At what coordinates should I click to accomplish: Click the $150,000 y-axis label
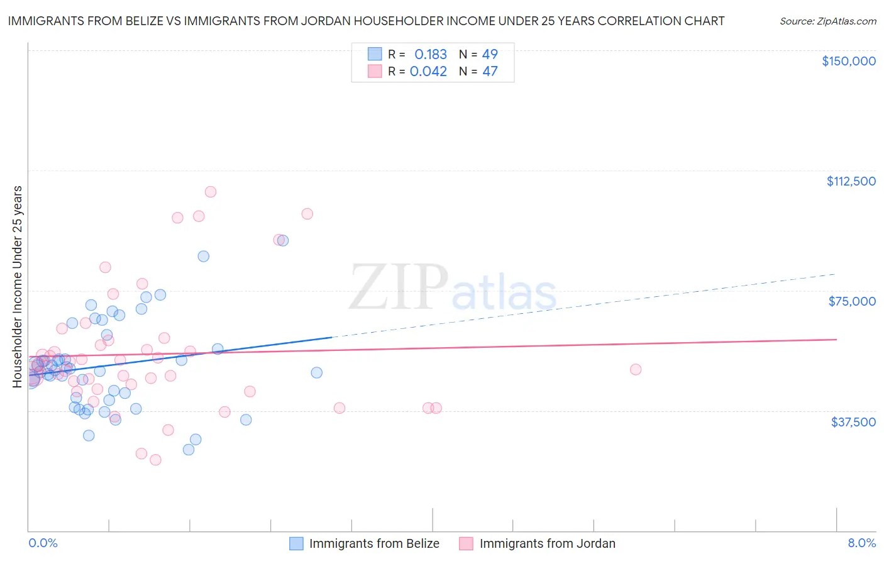coord(848,61)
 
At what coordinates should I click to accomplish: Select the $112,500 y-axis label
coord(851,181)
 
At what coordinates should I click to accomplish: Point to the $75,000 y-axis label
coord(852,301)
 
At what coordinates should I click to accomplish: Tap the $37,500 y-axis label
coord(853,421)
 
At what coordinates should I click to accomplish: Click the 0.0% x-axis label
coord(43,543)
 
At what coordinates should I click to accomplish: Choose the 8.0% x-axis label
coord(861,543)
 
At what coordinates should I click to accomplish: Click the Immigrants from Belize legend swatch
coord(296,543)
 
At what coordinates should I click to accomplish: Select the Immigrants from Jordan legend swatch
coord(466,543)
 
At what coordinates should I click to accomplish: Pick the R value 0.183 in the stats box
coord(431,54)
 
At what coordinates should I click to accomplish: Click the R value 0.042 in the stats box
coord(428,71)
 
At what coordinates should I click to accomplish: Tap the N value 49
coord(490,54)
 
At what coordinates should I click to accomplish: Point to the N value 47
coord(490,71)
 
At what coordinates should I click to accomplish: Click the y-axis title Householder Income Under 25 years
coord(17,286)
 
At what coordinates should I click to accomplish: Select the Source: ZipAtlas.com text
coord(827,21)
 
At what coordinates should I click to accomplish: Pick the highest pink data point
coord(211,192)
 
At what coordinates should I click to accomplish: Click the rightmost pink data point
coord(636,369)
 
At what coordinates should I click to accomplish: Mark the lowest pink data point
coord(155,460)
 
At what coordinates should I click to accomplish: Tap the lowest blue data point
coord(189,449)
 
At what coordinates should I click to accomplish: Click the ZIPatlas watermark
coord(453,288)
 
